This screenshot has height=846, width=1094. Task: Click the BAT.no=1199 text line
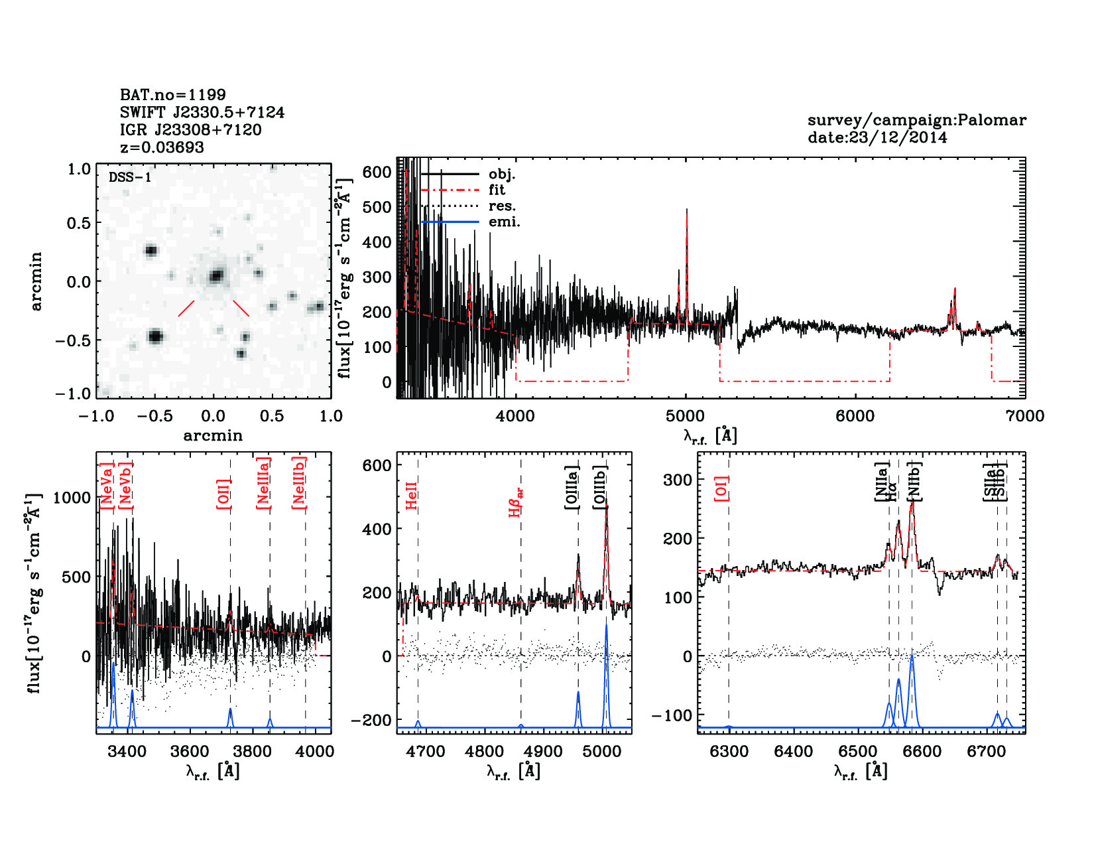click(x=172, y=95)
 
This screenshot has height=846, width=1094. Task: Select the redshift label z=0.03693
click(x=162, y=147)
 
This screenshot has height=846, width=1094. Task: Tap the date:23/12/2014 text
click(x=877, y=138)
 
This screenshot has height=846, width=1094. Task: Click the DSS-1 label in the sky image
click(x=130, y=177)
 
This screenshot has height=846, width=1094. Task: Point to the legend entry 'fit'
click(x=497, y=190)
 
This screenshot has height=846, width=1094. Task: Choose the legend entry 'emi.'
click(x=504, y=222)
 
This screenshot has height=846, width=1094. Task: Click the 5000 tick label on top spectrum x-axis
click(x=685, y=416)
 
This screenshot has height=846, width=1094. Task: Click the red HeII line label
click(x=411, y=496)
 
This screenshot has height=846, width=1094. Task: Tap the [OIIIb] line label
click(x=600, y=487)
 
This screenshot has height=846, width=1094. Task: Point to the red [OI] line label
click(x=721, y=488)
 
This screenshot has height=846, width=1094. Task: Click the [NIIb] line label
click(x=915, y=481)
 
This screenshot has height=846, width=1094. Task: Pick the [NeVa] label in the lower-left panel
click(x=106, y=486)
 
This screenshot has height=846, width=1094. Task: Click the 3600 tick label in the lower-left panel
click(x=190, y=752)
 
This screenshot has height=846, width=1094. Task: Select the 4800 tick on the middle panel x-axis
click(x=485, y=752)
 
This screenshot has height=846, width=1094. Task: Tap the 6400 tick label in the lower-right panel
click(x=793, y=752)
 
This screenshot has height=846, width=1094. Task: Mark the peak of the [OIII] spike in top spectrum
click(x=687, y=210)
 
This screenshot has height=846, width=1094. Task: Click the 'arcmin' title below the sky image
click(x=213, y=436)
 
